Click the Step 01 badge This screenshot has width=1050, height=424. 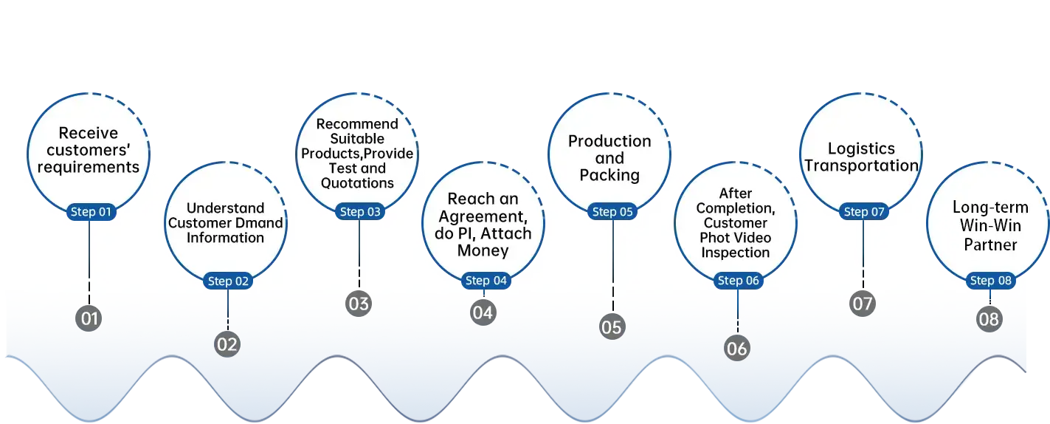pos(90,212)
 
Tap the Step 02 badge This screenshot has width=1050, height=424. pos(228,281)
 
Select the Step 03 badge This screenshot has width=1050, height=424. pos(359,212)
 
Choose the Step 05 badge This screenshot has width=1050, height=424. pos(612,212)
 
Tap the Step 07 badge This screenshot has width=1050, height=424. pos(863,212)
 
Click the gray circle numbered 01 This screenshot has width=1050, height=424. pos(89,319)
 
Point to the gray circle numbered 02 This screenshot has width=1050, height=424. pos(227,344)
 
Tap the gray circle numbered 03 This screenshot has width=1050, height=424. pos(359,303)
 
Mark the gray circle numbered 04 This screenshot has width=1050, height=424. pos(483,312)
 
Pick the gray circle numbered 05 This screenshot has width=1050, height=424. pos(612,326)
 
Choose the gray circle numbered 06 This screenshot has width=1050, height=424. pos(736,348)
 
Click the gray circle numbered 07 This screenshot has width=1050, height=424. pos(862,303)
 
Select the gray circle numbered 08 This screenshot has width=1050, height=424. pos(989,319)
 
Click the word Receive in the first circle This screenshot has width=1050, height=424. pos(89,134)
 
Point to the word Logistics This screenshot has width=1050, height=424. pos(861,148)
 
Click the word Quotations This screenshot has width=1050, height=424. pos(358,183)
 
